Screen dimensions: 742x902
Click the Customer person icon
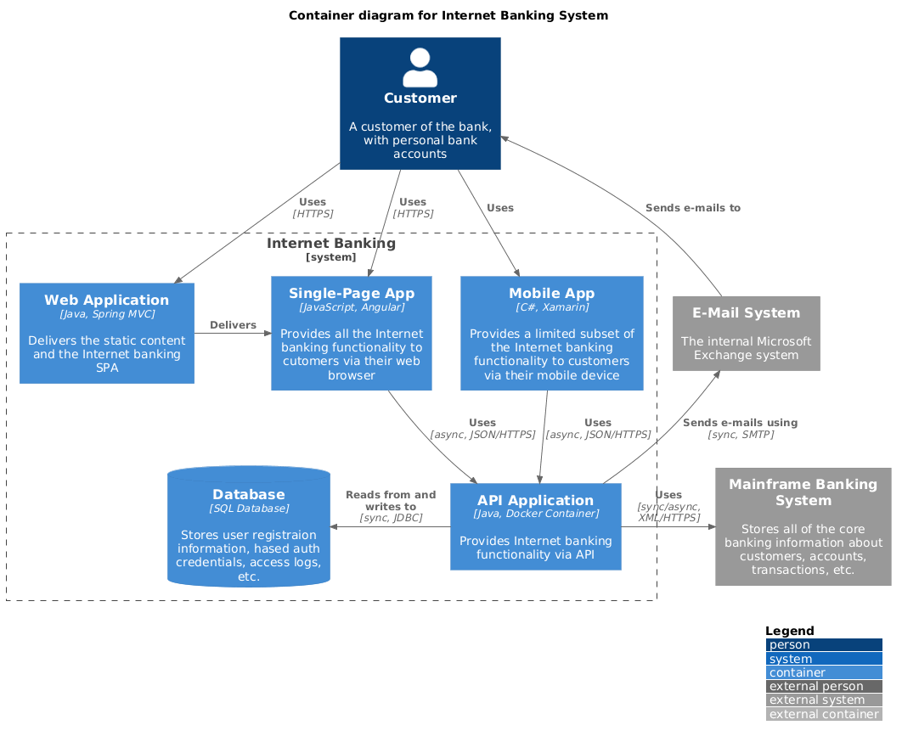pos(420,68)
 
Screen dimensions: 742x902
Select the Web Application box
pos(107,333)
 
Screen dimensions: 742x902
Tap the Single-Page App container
pos(352,333)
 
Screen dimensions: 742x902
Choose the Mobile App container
pos(552,333)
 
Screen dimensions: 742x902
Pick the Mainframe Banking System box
pos(803,526)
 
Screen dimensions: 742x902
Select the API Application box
pos(536,526)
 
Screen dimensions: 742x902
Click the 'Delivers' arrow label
pos(233,325)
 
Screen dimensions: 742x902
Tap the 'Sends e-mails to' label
pos(692,207)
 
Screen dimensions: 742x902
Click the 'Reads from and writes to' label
pos(391,500)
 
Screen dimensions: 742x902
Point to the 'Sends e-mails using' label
pos(740,423)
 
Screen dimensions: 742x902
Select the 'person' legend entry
pos(823,645)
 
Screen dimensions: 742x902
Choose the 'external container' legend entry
pos(823,715)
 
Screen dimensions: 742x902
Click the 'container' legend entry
pos(823,672)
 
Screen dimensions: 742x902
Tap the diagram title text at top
pos(448,15)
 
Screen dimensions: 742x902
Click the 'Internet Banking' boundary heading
pos(331,244)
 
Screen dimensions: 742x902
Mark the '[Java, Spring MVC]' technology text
pos(107,314)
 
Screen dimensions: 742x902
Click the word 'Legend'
pos(789,631)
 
